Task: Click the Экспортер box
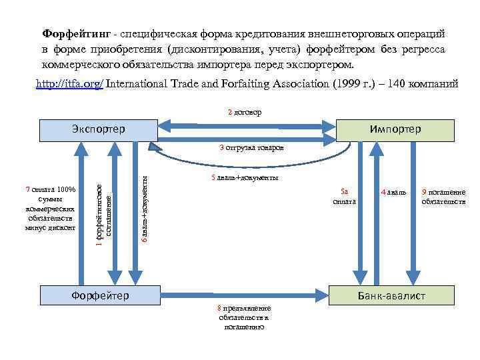point(97,129)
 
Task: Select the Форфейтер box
point(100,295)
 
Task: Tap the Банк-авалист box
point(391,295)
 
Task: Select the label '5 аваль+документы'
point(243,178)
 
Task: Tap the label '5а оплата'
point(345,196)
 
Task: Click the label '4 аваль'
point(393,193)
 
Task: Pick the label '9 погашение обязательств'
point(443,197)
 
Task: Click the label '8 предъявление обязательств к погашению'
point(244,317)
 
